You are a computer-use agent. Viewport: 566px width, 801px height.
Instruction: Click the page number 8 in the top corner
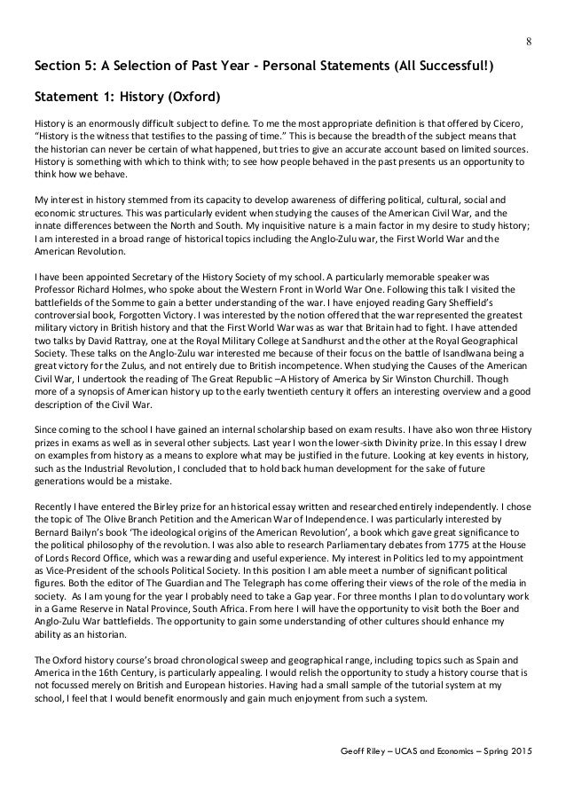(531, 39)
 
